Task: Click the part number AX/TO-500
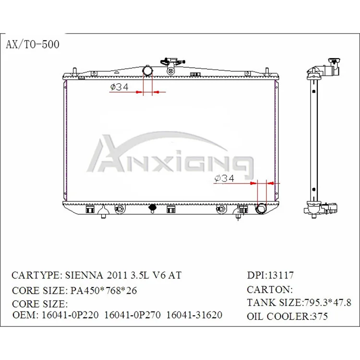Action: (x=33, y=45)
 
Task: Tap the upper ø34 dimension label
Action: (x=120, y=87)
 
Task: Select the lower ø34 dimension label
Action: (x=224, y=179)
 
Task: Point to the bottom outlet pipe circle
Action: (x=262, y=209)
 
